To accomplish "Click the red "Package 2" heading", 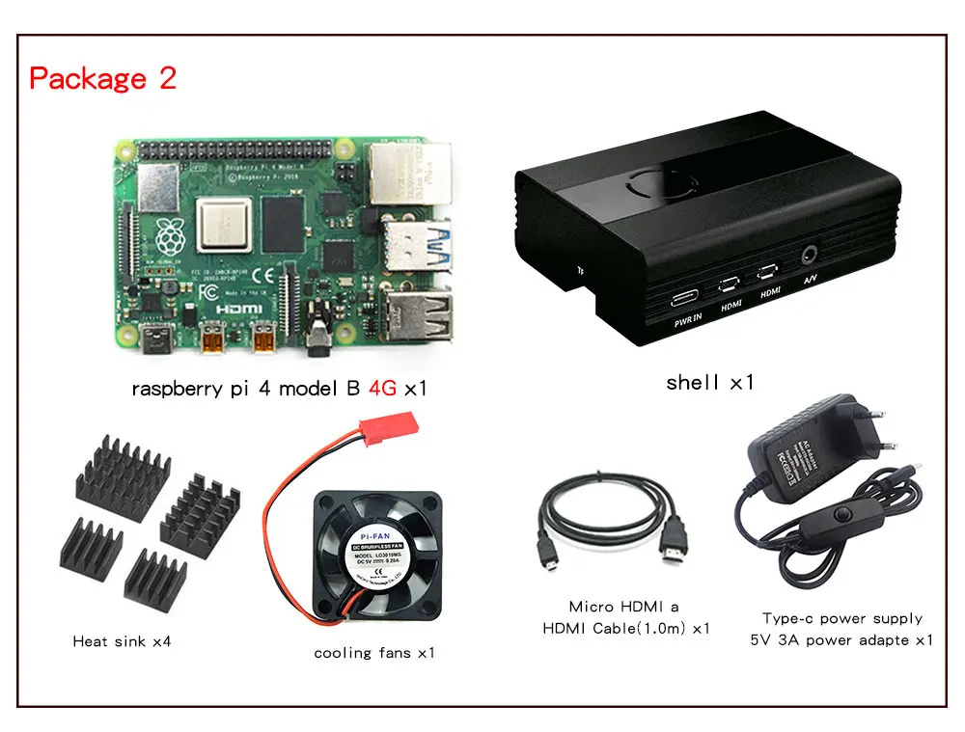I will coord(103,78).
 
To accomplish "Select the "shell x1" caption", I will coord(709,382).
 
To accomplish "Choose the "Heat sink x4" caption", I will coord(122,640).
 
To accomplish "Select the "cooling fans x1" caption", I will coord(373,653).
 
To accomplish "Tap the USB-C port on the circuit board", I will coord(154,338).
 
